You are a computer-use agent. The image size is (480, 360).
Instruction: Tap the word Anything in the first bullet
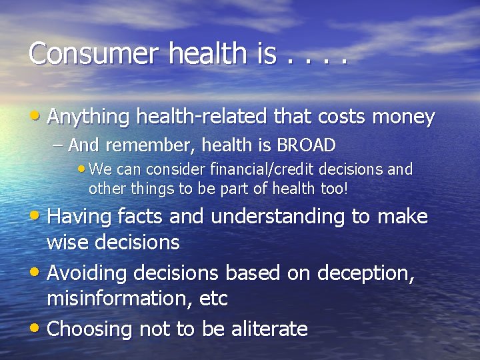pos(89,117)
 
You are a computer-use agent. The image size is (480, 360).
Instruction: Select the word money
pos(403,117)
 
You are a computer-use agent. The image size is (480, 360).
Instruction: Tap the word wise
pos(69,243)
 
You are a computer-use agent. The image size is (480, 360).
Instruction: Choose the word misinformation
pos(119,299)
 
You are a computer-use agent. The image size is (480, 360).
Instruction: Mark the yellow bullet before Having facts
pos(37,217)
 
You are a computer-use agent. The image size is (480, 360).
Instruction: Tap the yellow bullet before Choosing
pos(37,329)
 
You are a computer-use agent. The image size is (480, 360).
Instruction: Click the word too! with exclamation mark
pos(333,188)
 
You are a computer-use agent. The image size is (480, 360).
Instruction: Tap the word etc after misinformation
pos(213,299)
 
